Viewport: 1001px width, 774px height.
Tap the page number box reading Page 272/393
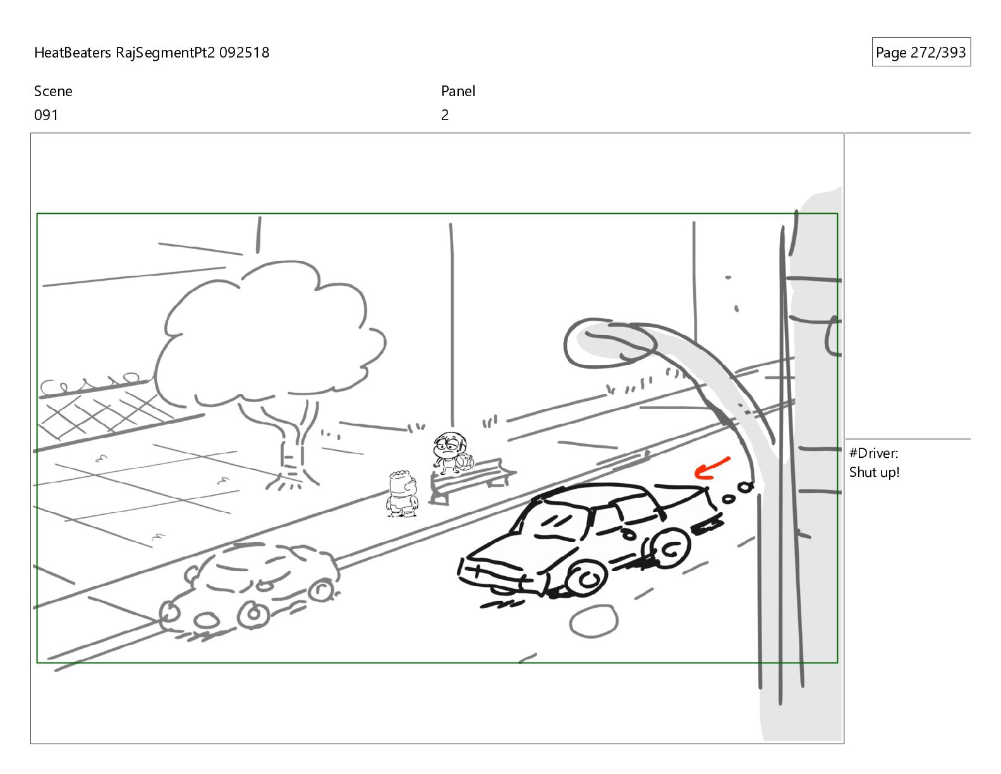[921, 52]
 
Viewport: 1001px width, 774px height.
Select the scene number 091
[46, 115]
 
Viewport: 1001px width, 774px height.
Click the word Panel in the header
[458, 91]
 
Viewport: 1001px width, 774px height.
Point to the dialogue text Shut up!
[874, 472]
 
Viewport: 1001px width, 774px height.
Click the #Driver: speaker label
[873, 453]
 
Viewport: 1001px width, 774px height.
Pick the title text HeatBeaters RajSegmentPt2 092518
[152, 52]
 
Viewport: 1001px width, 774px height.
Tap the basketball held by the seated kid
[464, 462]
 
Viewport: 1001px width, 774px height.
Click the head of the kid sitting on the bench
[449, 445]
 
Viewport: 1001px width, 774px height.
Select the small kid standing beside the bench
[402, 494]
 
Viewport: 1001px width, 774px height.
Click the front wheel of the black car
[586, 579]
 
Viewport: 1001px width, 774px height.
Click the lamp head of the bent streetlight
[608, 342]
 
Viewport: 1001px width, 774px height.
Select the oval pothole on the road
[593, 622]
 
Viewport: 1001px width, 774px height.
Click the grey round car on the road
[250, 589]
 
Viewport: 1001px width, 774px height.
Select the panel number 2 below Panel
[444, 115]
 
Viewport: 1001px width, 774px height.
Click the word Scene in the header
[53, 91]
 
